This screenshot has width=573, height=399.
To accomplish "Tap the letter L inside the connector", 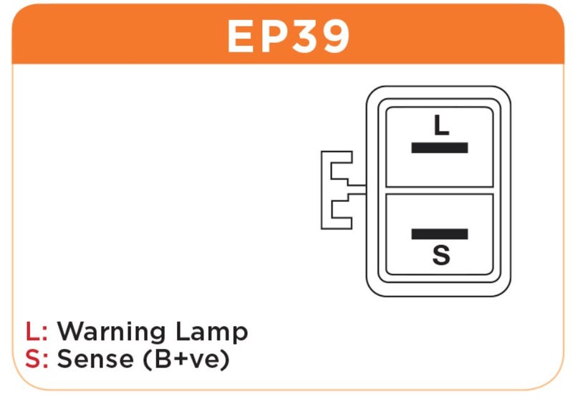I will point(441,126).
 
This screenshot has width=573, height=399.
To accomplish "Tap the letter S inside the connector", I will point(441,255).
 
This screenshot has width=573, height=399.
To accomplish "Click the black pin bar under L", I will point(440,148).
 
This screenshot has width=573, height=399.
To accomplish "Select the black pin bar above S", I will point(440,234).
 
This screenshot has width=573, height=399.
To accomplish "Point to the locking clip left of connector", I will point(337,190).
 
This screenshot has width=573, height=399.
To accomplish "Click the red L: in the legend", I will point(36,332).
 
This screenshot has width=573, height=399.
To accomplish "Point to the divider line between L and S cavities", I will point(440,191).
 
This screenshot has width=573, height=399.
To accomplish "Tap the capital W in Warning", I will point(70,332).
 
